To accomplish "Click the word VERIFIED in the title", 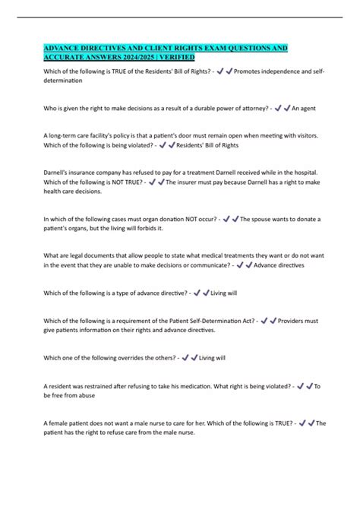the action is tap(174, 57).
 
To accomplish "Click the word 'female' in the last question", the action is tap(64, 423).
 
